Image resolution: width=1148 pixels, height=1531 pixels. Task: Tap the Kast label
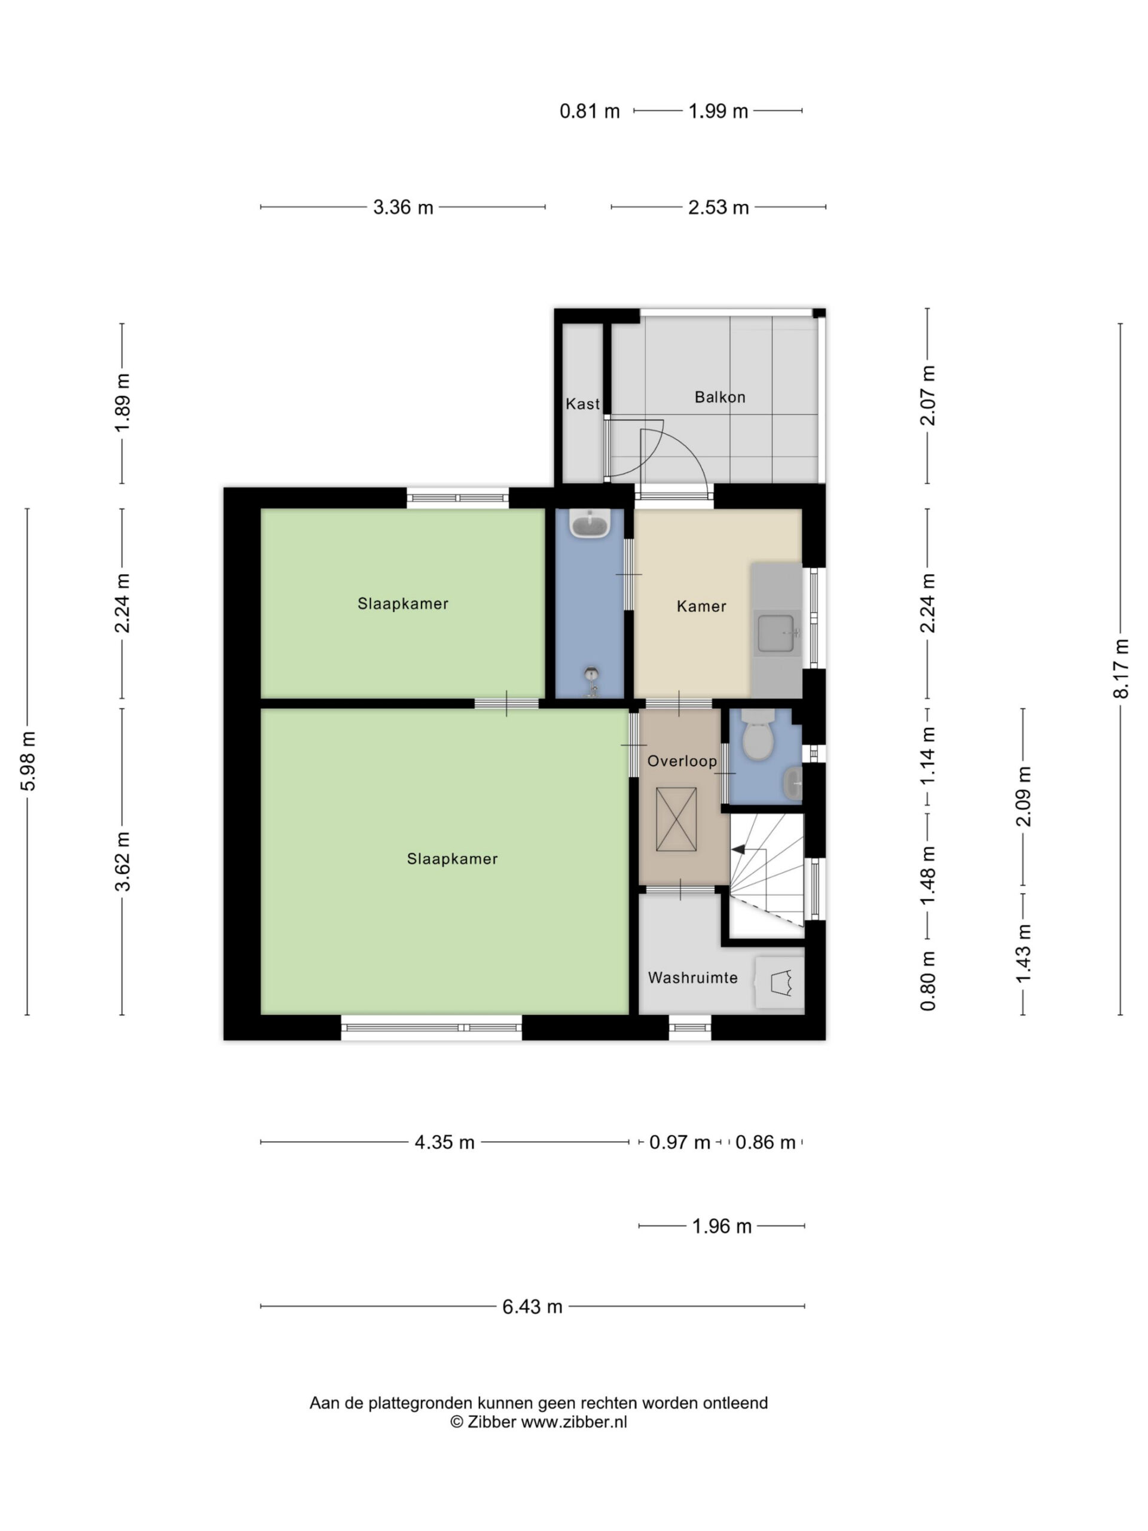click(582, 404)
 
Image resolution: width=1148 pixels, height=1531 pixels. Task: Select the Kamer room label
click(701, 606)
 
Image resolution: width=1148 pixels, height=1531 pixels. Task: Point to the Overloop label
click(682, 761)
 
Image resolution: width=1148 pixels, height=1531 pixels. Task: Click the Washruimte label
click(692, 977)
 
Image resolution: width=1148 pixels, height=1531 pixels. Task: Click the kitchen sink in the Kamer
click(775, 633)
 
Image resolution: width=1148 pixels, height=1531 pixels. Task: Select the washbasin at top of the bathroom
click(589, 524)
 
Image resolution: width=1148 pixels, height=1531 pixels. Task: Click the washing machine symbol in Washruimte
click(779, 981)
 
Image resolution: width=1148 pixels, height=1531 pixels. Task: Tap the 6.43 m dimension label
click(532, 1307)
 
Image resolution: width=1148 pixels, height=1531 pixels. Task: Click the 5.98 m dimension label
click(28, 761)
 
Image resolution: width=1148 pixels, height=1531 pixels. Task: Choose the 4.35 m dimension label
click(444, 1142)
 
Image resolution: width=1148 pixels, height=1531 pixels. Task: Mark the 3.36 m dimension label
click(403, 207)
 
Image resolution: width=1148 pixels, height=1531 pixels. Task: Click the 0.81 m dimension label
click(590, 111)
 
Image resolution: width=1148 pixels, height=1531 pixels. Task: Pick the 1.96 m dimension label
click(722, 1227)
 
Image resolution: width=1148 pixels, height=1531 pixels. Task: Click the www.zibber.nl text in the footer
click(573, 1422)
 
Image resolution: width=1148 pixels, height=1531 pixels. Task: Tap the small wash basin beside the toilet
click(793, 782)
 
